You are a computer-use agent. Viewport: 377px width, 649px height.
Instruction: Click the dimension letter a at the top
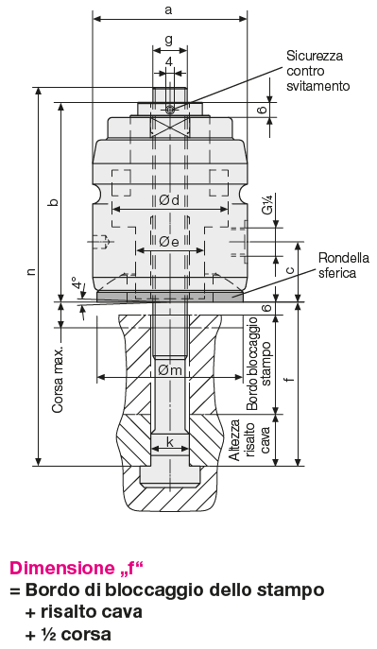click(168, 9)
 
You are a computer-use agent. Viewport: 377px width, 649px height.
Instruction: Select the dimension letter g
click(169, 40)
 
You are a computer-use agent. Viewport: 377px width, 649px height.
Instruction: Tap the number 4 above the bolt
click(169, 61)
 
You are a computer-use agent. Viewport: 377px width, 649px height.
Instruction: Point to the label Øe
click(169, 242)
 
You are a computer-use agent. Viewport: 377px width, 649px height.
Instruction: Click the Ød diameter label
click(169, 200)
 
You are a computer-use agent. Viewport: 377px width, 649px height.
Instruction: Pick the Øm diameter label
click(170, 369)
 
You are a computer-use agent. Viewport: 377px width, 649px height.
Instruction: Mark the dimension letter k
click(170, 442)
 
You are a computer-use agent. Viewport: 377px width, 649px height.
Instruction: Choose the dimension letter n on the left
click(30, 271)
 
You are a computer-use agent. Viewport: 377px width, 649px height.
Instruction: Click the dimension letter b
click(53, 202)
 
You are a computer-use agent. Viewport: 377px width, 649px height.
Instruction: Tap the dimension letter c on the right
click(290, 270)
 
